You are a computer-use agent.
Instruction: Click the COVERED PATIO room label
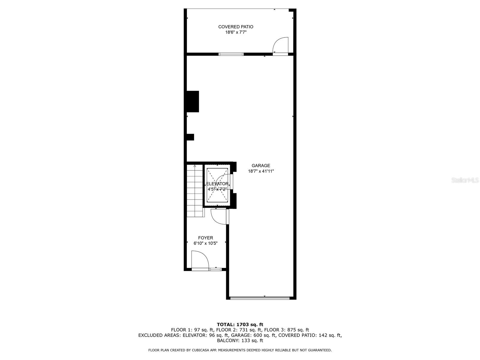click(235, 27)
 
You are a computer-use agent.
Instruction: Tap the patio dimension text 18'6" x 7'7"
click(235, 32)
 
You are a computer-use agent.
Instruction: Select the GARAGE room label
click(261, 166)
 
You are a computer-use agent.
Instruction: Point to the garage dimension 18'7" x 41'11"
click(261, 171)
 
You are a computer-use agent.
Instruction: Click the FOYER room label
click(205, 238)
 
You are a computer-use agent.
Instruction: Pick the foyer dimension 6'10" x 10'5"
click(205, 244)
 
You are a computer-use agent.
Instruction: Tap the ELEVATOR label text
click(217, 184)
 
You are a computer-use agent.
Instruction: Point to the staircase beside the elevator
click(195, 192)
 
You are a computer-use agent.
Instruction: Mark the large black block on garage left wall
click(193, 101)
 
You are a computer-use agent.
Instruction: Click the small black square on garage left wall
click(190, 137)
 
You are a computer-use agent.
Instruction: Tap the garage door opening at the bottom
click(260, 298)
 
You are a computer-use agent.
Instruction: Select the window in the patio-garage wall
click(231, 54)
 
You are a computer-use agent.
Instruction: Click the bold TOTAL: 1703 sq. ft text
click(240, 324)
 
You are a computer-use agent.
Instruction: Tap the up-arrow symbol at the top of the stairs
click(195, 166)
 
